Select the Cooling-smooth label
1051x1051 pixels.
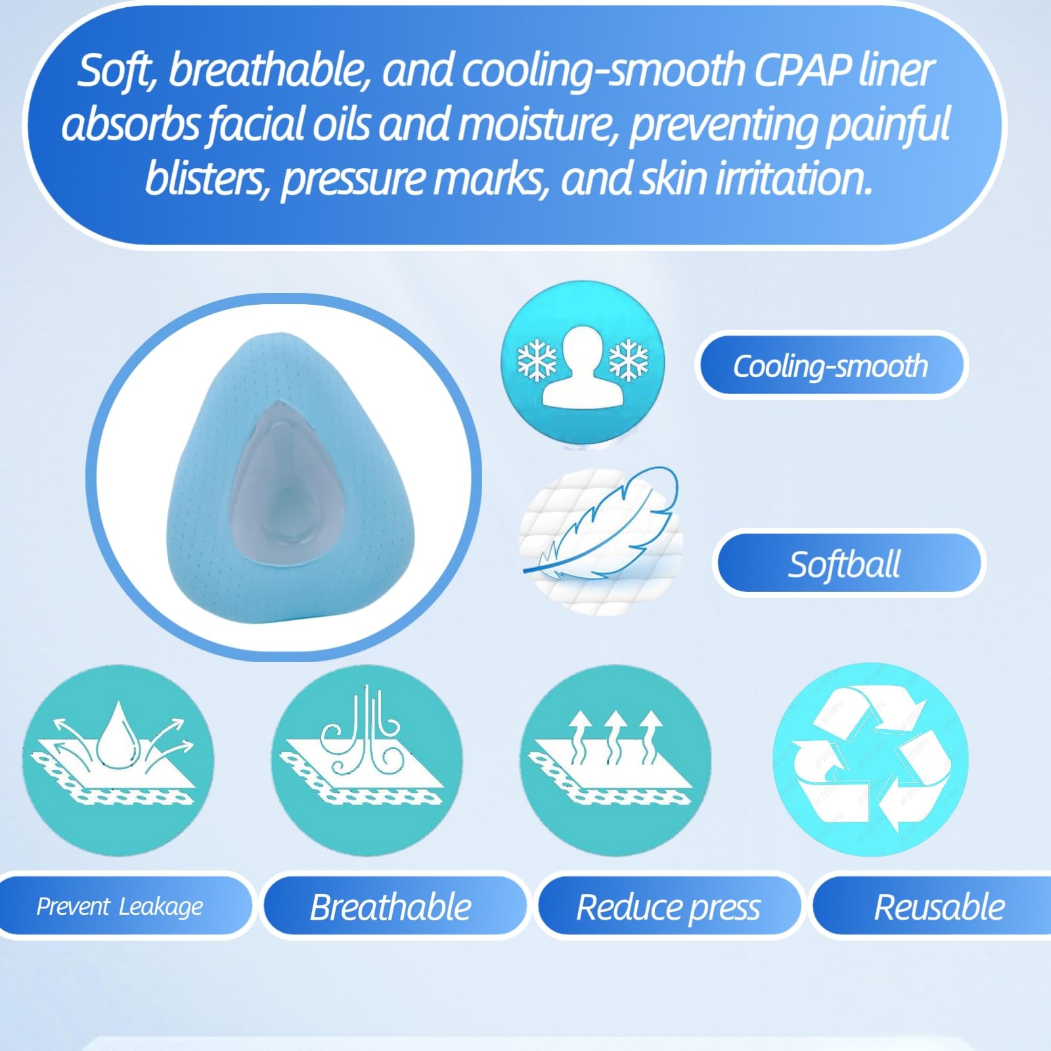pyautogui.click(x=830, y=366)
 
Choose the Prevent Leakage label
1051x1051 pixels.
pyautogui.click(x=120, y=906)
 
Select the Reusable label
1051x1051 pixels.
pyautogui.click(x=940, y=906)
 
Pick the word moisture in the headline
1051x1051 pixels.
pyautogui.click(x=536, y=124)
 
